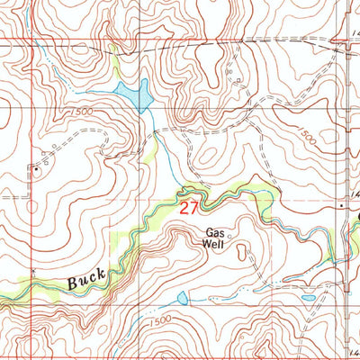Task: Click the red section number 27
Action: pyautogui.click(x=187, y=208)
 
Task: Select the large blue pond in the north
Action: pyautogui.click(x=132, y=93)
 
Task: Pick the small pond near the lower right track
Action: pyautogui.click(x=308, y=297)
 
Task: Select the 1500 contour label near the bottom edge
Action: pyautogui.click(x=158, y=321)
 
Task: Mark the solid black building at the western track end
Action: pyautogui.click(x=36, y=167)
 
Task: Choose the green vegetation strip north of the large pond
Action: pyautogui.click(x=114, y=63)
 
